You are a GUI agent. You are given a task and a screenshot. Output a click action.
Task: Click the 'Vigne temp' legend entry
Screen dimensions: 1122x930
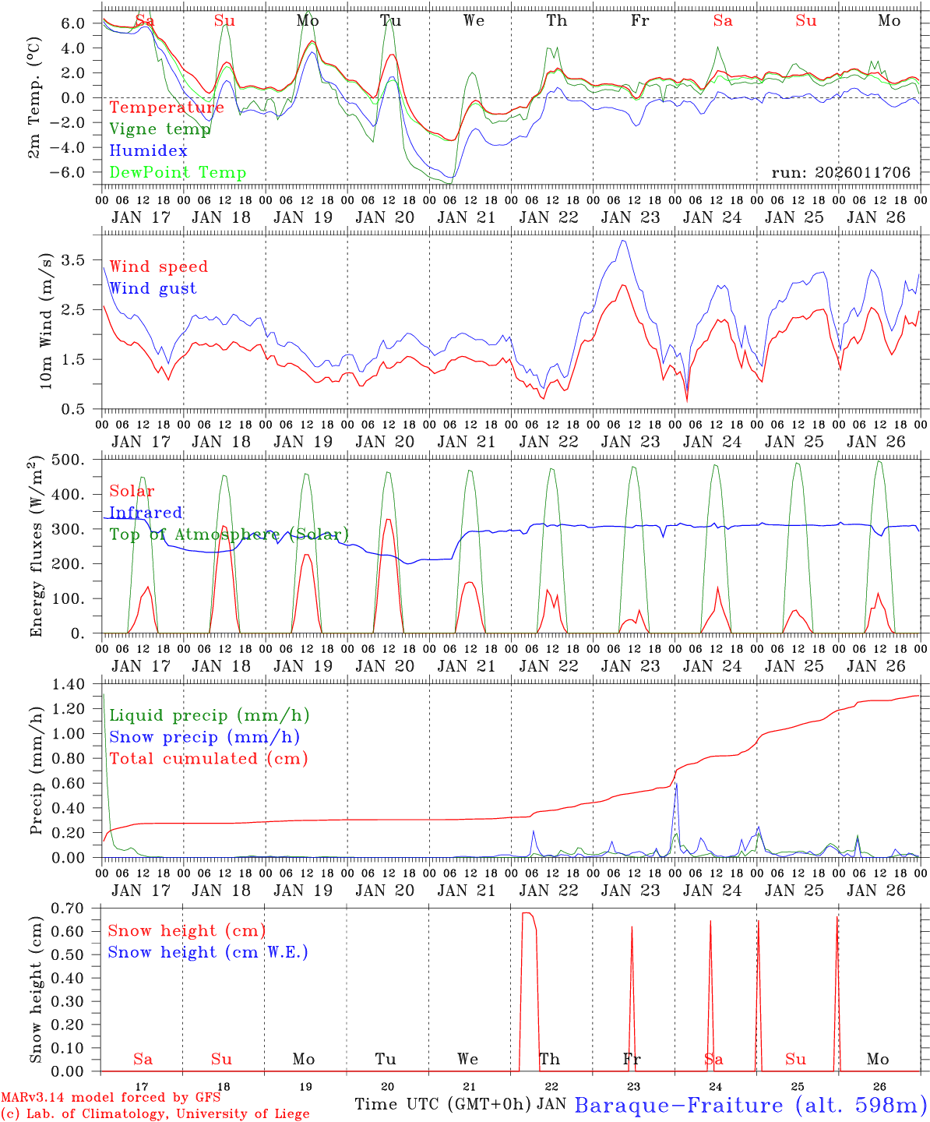click(x=160, y=129)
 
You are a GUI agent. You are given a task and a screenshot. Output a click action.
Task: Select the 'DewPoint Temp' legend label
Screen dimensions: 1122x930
click(x=178, y=173)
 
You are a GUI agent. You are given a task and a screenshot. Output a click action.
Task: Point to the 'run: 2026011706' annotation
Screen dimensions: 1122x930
click(x=840, y=173)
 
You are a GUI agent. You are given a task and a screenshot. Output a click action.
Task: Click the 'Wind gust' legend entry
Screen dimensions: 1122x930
click(x=153, y=288)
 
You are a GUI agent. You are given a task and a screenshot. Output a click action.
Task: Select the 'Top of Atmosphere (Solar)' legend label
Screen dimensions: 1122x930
click(x=229, y=535)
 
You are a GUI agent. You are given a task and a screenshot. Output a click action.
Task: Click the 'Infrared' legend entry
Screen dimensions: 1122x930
click(x=146, y=513)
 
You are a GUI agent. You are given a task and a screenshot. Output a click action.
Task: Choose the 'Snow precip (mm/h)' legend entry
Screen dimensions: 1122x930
click(x=205, y=737)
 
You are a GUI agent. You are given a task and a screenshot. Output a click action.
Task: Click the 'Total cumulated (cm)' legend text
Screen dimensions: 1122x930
click(x=209, y=759)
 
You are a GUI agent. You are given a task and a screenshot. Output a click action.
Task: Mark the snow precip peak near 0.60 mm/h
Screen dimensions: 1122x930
click(x=676, y=783)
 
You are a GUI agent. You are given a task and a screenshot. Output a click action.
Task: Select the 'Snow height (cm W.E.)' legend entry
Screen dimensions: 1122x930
click(x=208, y=952)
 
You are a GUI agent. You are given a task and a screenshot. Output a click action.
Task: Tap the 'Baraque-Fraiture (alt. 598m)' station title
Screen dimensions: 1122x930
click(x=750, y=1105)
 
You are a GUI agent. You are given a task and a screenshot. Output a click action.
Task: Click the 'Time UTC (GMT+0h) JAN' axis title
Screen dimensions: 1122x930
click(x=460, y=1105)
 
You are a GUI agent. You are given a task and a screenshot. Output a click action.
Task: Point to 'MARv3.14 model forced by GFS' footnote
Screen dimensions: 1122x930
click(x=111, y=1097)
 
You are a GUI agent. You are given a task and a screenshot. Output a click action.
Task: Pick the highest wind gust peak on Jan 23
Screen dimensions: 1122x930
click(x=622, y=241)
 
